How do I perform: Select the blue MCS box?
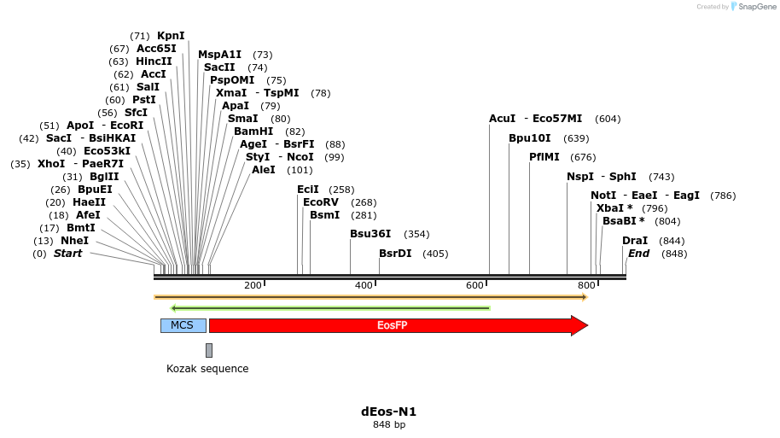point(183,325)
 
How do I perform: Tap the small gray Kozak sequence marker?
point(209,350)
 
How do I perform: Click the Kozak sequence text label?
point(207,369)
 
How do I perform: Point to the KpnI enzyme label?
point(171,36)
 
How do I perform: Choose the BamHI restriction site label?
point(253,131)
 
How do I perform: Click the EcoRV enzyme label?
point(321,202)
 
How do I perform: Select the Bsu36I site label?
point(370,234)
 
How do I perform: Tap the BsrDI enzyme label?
point(395,254)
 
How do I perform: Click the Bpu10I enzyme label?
point(530,138)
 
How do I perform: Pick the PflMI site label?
point(544,157)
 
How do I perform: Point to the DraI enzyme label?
point(635,241)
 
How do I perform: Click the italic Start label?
point(67,254)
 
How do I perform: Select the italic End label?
point(638,254)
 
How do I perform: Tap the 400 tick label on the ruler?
point(364,285)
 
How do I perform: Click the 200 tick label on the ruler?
point(253,285)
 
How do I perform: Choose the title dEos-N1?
point(389,412)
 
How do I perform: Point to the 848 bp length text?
point(389,424)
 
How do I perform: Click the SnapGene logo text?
point(756,7)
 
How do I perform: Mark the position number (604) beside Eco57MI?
point(608,119)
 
